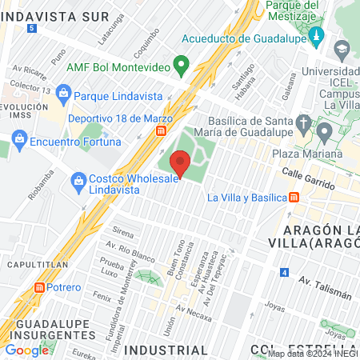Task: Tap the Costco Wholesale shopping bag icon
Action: [78, 178]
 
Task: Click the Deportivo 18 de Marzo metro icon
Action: [162, 130]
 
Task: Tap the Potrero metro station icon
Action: [40, 287]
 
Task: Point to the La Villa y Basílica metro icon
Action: [294, 197]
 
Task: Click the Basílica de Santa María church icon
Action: [302, 122]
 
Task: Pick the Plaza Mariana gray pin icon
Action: [324, 130]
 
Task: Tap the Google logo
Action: [26, 350]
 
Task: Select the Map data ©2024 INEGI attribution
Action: [312, 354]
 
